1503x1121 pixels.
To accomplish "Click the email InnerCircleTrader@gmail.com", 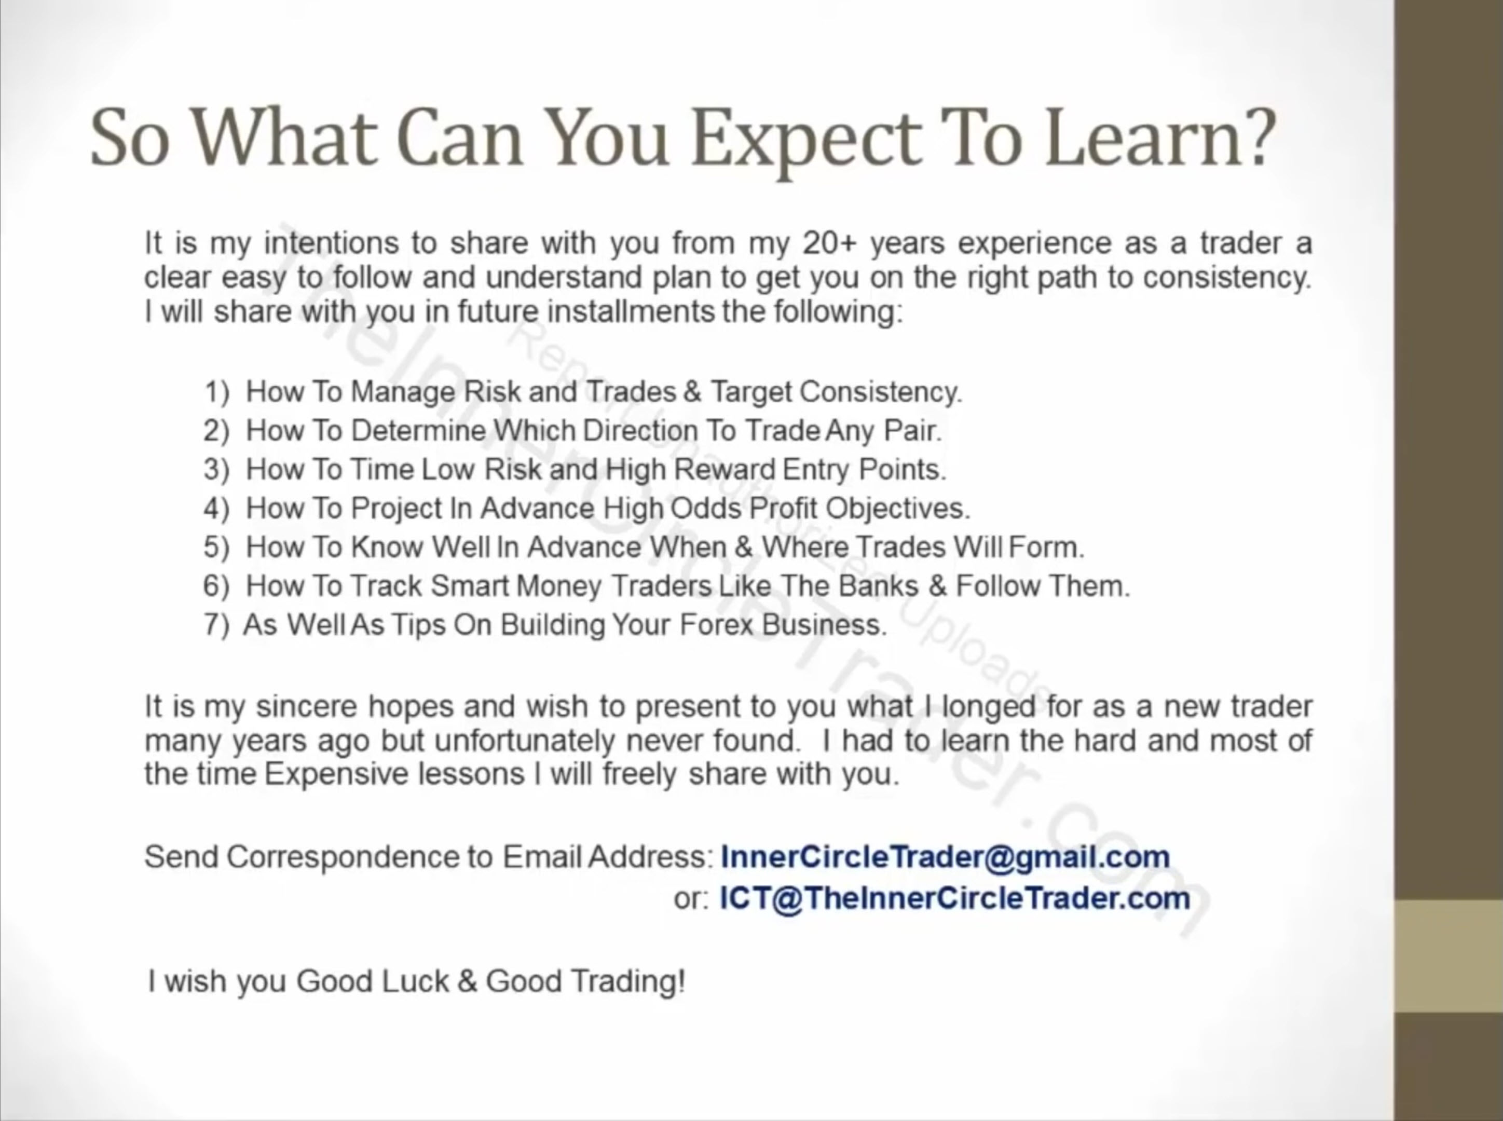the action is pos(945,857).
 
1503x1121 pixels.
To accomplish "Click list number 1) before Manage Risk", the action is pos(217,392).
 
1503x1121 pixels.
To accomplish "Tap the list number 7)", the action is pos(216,625).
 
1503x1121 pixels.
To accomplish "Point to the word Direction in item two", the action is pos(640,431).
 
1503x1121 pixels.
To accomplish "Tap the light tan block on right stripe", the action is pos(1449,956).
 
